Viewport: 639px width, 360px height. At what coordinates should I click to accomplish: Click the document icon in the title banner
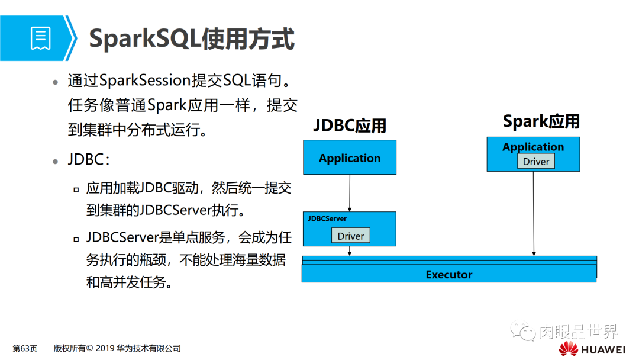click(x=40, y=38)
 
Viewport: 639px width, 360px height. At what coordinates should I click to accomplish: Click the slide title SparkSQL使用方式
click(x=191, y=39)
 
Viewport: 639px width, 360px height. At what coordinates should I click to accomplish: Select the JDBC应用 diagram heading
click(x=349, y=126)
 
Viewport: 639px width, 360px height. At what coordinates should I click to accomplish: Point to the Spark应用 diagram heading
click(x=541, y=121)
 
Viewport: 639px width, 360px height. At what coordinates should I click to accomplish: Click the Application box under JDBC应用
click(x=349, y=157)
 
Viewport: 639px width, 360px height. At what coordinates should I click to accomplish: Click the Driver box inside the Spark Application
click(x=535, y=162)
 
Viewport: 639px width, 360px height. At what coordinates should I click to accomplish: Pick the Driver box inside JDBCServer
click(x=350, y=236)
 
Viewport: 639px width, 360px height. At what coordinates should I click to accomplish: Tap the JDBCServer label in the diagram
click(x=327, y=219)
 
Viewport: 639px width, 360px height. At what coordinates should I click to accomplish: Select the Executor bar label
click(x=449, y=275)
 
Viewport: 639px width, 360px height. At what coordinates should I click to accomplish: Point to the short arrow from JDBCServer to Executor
click(x=350, y=250)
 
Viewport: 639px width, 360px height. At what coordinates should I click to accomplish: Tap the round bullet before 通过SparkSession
click(x=55, y=82)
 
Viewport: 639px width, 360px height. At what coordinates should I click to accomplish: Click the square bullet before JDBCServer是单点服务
click(x=76, y=239)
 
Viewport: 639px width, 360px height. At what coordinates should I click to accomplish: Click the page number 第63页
click(x=25, y=348)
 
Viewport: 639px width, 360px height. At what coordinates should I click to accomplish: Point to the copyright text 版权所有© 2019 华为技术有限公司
click(x=117, y=348)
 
